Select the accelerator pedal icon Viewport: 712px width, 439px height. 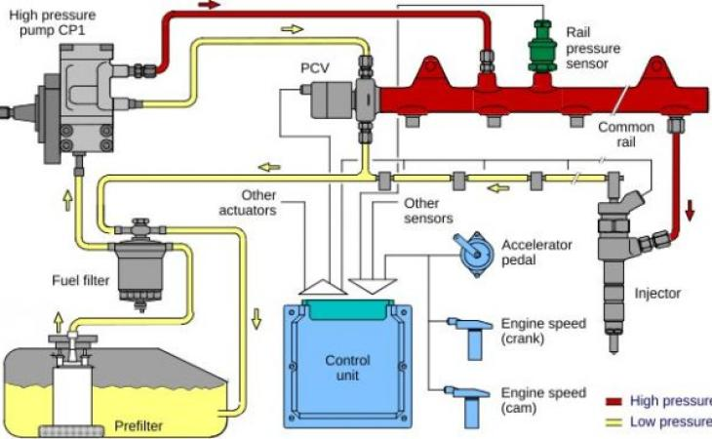(473, 255)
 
